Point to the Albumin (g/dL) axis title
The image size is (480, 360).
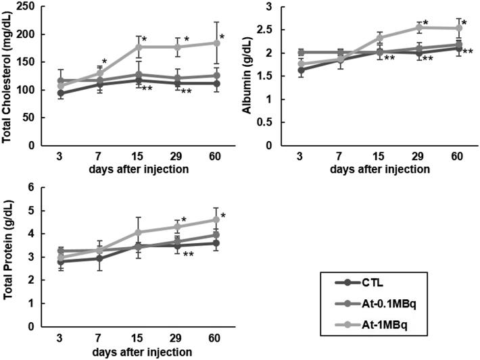[255, 76]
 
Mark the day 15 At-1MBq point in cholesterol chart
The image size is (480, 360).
[139, 47]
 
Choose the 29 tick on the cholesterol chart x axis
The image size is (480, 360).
[178, 156]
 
